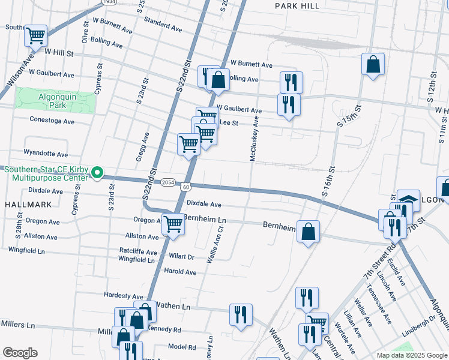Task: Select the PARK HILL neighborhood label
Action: click(x=295, y=5)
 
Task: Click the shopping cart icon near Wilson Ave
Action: click(x=35, y=36)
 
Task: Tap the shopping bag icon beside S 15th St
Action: click(x=373, y=64)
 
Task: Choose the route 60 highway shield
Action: click(x=186, y=187)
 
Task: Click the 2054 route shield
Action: click(x=167, y=182)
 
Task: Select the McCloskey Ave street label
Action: click(x=255, y=139)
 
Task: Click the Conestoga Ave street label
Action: click(x=52, y=121)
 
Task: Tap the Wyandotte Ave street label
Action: click(x=46, y=154)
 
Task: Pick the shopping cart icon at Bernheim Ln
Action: click(x=173, y=224)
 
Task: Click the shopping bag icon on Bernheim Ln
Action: click(x=308, y=231)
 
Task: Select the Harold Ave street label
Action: click(x=181, y=272)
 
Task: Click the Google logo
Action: click(x=20, y=353)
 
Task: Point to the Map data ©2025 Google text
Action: click(x=411, y=355)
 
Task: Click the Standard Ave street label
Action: click(x=163, y=23)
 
